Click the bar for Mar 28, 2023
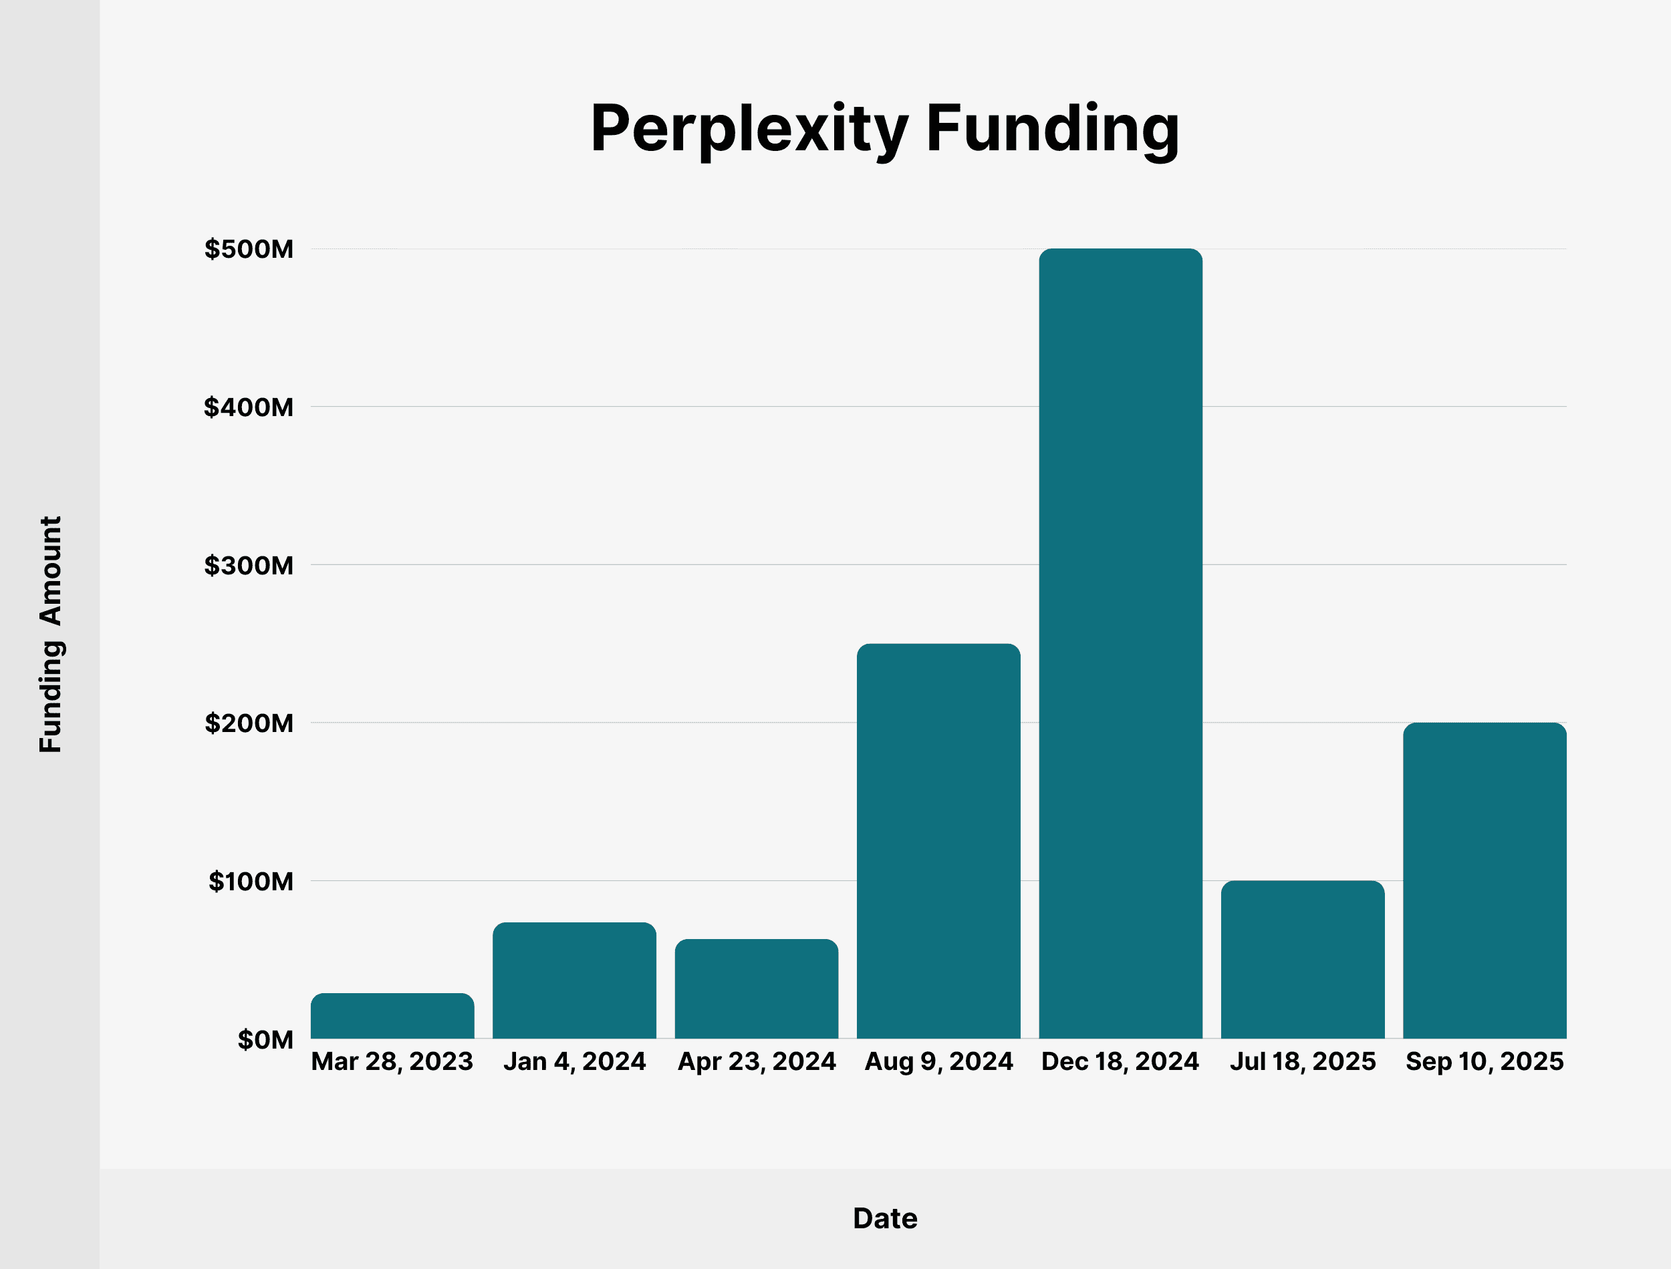[x=392, y=1016]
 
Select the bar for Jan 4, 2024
[x=574, y=980]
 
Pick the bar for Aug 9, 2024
[x=938, y=841]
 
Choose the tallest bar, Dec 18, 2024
[x=1121, y=644]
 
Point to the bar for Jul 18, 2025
[x=1303, y=959]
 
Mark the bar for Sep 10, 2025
[x=1485, y=881]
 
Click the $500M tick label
[x=249, y=249]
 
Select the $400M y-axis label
[x=249, y=407]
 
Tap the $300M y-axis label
[x=249, y=565]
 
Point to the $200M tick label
[x=249, y=723]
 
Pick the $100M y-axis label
[x=251, y=881]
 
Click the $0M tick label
[x=265, y=1039]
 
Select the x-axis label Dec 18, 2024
[x=1120, y=1061]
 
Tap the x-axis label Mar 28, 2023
[x=392, y=1061]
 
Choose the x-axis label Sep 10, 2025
[x=1485, y=1061]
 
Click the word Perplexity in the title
[x=748, y=130]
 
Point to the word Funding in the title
[x=1053, y=130]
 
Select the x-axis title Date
[x=885, y=1218]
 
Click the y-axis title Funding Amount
[x=51, y=634]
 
